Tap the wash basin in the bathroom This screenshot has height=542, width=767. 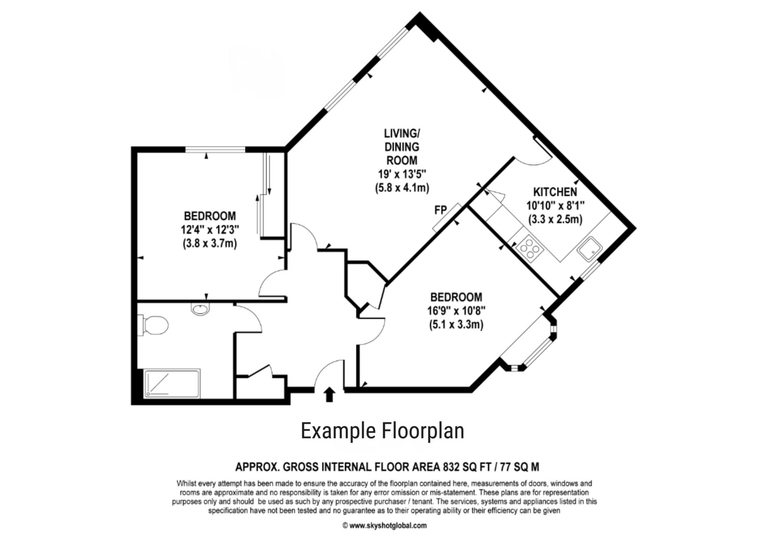(200, 309)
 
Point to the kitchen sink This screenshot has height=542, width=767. (589, 248)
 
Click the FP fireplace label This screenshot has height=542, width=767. (441, 210)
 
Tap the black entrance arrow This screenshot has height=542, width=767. (329, 395)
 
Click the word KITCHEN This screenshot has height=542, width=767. (555, 192)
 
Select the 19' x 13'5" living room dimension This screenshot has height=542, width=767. (402, 174)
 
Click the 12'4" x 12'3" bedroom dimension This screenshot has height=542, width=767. (210, 229)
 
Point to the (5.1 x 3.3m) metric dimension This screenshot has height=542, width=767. (456, 324)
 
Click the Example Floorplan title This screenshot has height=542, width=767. (382, 430)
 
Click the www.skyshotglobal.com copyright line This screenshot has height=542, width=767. (385, 526)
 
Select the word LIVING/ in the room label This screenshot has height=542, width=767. (402, 133)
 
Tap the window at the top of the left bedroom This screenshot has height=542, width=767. (215, 150)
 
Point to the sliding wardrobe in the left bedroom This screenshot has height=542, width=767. (270, 195)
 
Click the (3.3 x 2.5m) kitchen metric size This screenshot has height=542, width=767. (555, 219)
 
